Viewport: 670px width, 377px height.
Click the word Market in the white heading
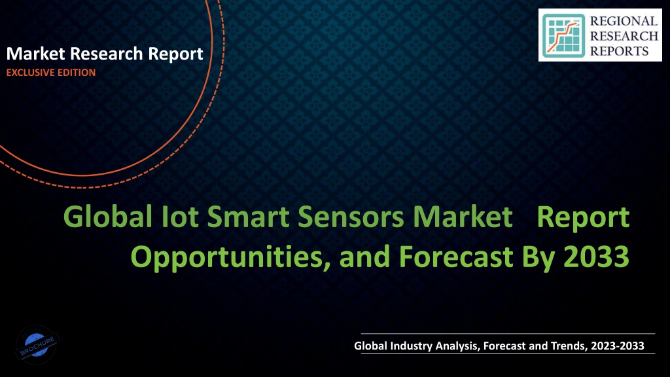coord(35,54)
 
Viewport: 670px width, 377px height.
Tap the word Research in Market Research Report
coord(107,54)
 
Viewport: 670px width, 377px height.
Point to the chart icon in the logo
coord(563,36)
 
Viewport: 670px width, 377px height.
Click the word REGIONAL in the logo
coord(624,21)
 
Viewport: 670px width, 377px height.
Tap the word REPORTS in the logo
coord(620,51)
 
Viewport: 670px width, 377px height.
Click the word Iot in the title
coord(180,217)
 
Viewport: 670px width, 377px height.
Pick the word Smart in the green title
coord(248,217)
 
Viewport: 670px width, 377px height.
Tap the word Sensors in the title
coord(351,217)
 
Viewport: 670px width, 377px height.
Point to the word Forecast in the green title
coord(456,257)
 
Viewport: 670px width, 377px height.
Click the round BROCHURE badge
coord(37,344)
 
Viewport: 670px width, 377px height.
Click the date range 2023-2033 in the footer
coord(618,346)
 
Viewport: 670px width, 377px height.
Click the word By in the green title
coord(538,257)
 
